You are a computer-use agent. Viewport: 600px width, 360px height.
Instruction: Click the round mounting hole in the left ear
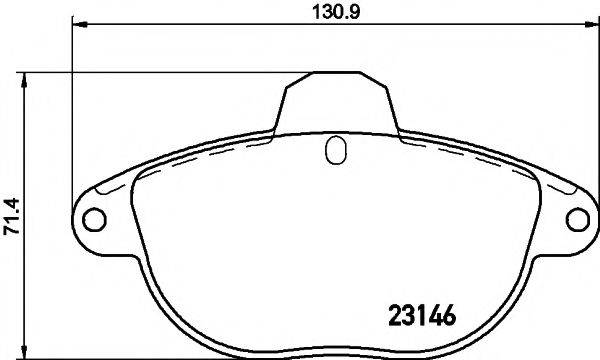tap(92, 219)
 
